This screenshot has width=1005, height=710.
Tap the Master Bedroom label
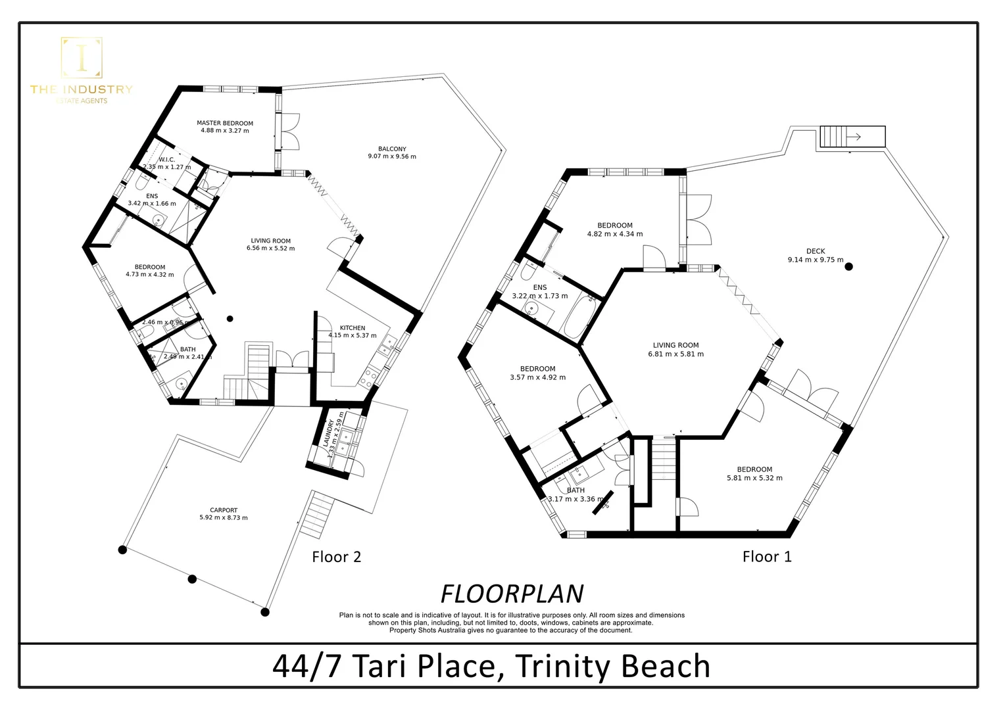(225, 123)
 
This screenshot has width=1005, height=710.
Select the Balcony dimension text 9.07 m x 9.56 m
(392, 156)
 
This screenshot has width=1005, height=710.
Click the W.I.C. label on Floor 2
(167, 159)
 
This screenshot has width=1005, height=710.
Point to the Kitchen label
(353, 327)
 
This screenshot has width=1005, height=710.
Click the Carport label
(224, 509)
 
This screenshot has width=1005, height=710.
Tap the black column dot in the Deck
(849, 266)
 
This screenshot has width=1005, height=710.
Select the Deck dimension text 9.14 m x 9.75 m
(816, 260)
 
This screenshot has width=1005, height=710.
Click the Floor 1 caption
(767, 557)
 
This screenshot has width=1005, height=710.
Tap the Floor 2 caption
(336, 557)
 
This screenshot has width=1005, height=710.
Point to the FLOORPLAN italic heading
(512, 594)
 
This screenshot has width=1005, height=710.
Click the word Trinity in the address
(563, 666)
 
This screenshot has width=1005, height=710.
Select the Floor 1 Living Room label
(675, 345)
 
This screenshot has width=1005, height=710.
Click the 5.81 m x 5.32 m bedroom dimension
(754, 478)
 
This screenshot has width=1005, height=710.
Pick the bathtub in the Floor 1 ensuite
(580, 316)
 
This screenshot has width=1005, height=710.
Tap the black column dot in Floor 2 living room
(230, 319)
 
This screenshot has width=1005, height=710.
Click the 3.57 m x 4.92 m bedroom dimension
(537, 377)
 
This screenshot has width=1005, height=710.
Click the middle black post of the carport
(192, 579)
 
